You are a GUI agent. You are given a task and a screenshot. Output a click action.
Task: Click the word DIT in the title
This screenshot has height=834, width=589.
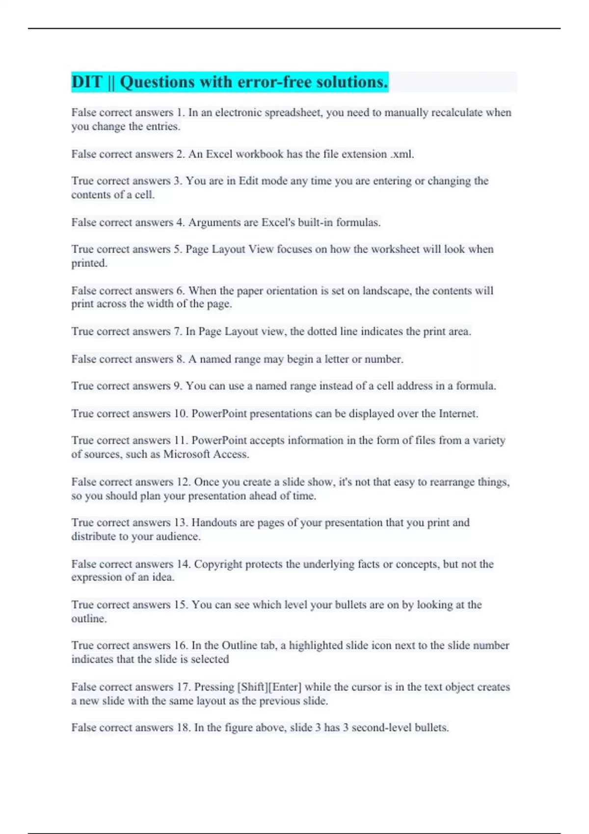pyautogui.click(x=86, y=82)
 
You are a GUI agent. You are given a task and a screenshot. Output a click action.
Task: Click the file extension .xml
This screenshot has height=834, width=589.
pyautogui.click(x=402, y=154)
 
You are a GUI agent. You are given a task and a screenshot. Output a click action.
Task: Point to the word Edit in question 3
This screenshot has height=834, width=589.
pyautogui.click(x=248, y=181)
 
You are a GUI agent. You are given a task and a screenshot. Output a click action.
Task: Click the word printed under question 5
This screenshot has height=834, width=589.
pyautogui.click(x=88, y=263)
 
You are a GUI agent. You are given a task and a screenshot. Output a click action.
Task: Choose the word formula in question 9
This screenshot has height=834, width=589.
pyautogui.click(x=475, y=386)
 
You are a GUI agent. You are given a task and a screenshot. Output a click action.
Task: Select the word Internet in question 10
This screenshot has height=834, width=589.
pyautogui.click(x=457, y=414)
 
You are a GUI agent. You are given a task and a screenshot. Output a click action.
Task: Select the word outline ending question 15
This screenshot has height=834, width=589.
pyautogui.click(x=88, y=619)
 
